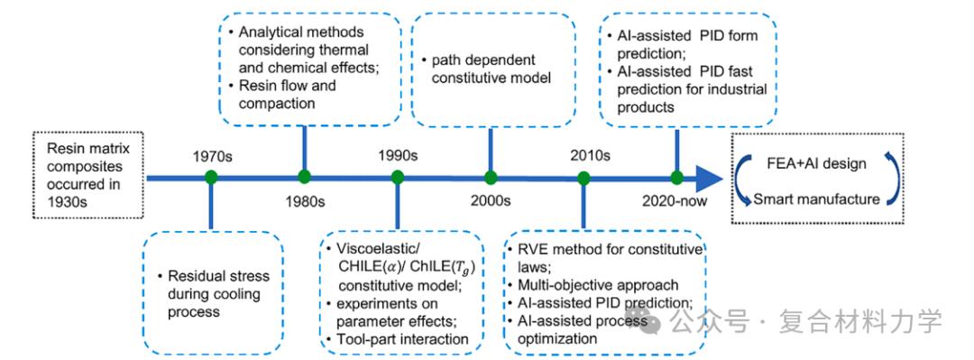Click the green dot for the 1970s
211,178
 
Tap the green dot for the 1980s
305,178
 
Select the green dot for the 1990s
398,178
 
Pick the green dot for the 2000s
491,178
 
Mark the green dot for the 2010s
583,178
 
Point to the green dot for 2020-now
677,178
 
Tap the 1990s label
398,155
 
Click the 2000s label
491,201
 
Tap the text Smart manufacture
817,199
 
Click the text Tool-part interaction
402,339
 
